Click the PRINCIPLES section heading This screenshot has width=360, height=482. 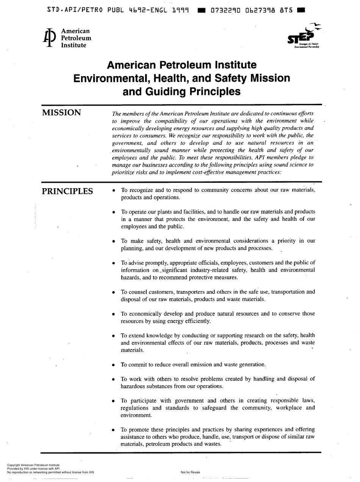pyautogui.click(x=67, y=191)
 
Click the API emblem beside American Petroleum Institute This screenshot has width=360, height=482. pyautogui.click(x=48, y=38)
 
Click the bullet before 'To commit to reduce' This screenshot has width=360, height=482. pyautogui.click(x=114, y=365)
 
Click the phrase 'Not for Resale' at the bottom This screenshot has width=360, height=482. pyautogui.click(x=191, y=472)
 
